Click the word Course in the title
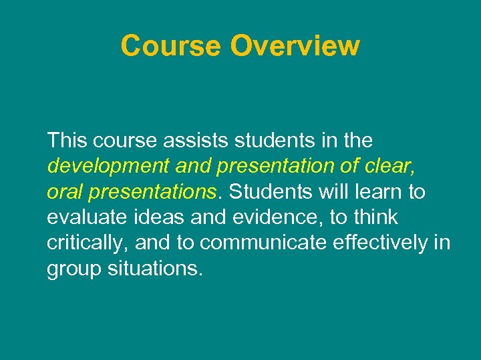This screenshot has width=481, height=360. [x=171, y=46]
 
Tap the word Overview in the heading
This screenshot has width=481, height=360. [x=295, y=46]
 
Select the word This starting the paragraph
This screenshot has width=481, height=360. [x=67, y=141]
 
